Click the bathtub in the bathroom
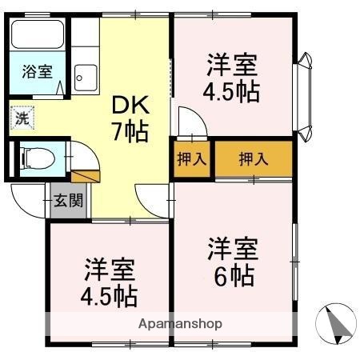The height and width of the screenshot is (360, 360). [x=38, y=36]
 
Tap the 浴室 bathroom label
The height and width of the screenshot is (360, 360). [x=37, y=70]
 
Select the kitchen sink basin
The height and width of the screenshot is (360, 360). [x=84, y=78]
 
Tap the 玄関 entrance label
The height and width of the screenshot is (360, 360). [x=68, y=200]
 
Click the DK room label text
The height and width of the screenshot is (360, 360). [x=130, y=104]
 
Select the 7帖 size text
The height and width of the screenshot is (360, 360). [x=130, y=131]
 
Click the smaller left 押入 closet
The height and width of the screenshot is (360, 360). [x=191, y=158]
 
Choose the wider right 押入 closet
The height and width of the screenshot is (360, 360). [x=254, y=158]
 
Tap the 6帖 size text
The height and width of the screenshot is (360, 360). [x=233, y=276]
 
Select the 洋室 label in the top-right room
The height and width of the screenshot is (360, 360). [x=233, y=62]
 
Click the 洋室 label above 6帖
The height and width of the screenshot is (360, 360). [x=233, y=246]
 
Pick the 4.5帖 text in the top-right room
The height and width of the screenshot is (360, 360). [x=233, y=92]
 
